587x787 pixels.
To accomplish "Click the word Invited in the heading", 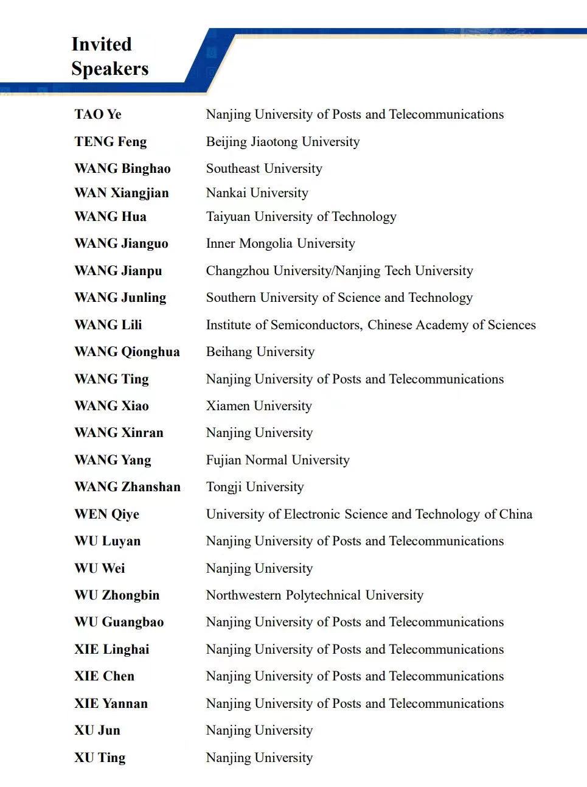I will click(x=102, y=44).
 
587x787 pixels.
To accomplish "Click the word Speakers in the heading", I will click(x=109, y=69).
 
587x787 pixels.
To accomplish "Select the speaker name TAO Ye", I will click(x=98, y=114).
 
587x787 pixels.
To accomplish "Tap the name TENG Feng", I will click(x=111, y=142).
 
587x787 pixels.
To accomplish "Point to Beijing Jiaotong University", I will click(x=283, y=142).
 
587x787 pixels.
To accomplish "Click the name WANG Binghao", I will click(x=122, y=169).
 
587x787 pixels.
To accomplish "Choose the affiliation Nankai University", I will click(x=257, y=193).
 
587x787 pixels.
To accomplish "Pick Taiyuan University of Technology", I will click(x=301, y=217).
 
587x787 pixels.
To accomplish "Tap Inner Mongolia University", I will click(x=280, y=243).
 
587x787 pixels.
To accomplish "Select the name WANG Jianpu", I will click(x=118, y=271).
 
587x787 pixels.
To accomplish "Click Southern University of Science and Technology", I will click(x=339, y=298).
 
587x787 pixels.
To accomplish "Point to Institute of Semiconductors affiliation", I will click(x=371, y=325).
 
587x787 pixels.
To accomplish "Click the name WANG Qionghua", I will click(x=127, y=352).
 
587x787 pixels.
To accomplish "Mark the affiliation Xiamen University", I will click(x=259, y=406).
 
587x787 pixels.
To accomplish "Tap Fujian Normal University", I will click(x=278, y=460).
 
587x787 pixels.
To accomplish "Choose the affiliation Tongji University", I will click(x=255, y=487).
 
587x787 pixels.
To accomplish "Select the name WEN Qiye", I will click(x=107, y=514).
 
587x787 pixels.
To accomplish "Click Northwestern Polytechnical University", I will click(x=314, y=595).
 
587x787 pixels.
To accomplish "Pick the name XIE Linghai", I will click(x=112, y=649).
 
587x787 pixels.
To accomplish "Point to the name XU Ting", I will click(x=100, y=758).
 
